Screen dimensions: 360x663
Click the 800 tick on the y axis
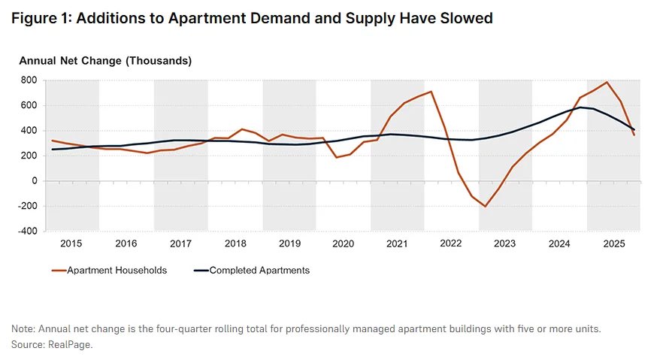pos(29,80)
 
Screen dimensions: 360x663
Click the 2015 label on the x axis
pos(71,244)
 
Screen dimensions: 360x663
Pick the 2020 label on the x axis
pos(343,244)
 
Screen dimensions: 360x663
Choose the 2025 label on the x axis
pos(613,244)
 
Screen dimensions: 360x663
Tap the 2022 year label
pos(451,244)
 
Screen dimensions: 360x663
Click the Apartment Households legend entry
pos(117,271)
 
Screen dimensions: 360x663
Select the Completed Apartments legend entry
pos(259,271)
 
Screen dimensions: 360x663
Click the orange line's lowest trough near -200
pos(486,206)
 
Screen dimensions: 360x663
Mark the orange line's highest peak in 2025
pos(607,82)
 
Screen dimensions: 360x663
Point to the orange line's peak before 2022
pos(431,92)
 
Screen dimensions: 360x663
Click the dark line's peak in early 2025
pos(580,107)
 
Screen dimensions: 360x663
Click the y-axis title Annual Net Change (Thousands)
pos(105,60)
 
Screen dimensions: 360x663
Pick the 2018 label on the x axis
pos(235,244)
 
